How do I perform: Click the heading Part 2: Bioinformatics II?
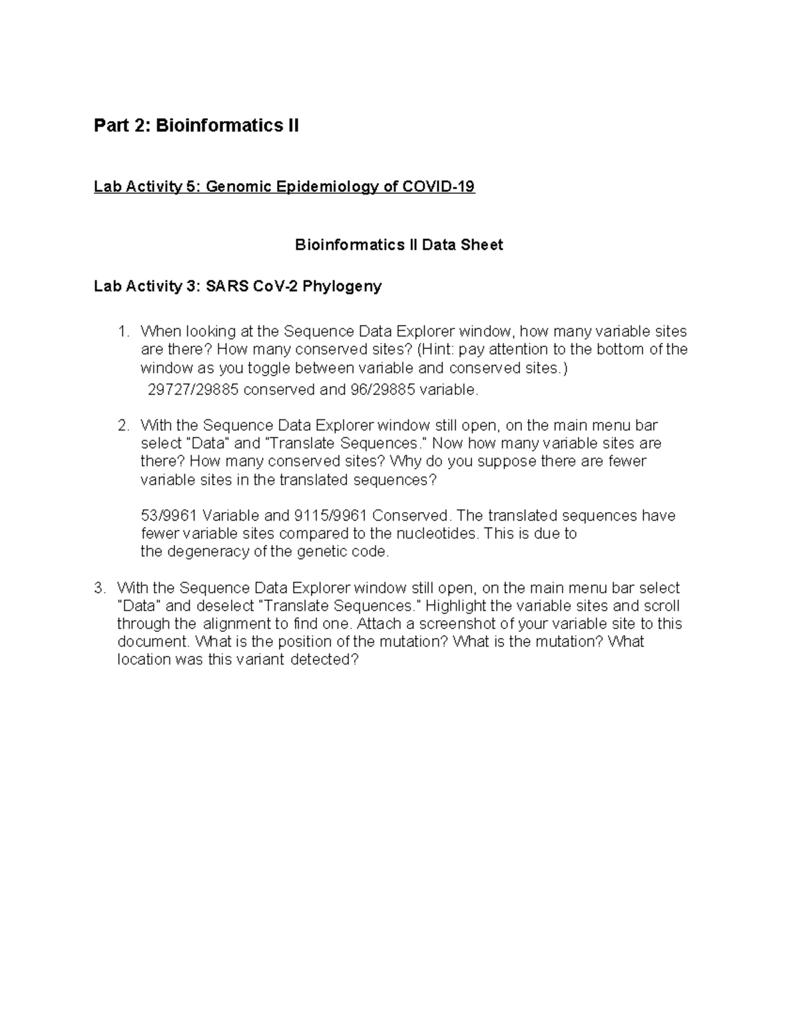(196, 125)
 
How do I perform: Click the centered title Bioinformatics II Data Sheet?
(399, 245)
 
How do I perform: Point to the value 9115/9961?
(326, 516)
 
